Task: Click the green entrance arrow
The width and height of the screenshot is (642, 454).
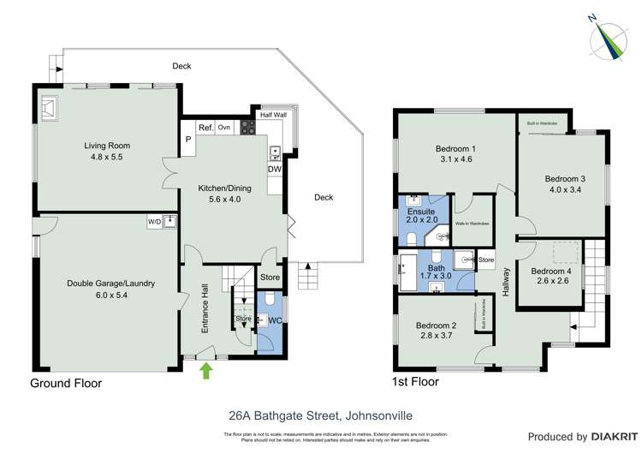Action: pos(205,370)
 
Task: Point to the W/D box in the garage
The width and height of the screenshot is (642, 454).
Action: pos(154,222)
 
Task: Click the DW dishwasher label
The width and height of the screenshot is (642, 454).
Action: pos(274,169)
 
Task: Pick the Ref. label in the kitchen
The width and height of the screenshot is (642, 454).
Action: pos(205,128)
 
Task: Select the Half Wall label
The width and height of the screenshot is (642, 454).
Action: pos(273,114)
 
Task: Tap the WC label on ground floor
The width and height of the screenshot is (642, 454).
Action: pos(275,321)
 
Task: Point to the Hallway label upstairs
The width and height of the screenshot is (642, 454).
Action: pos(507,283)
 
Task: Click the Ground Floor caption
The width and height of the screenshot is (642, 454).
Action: pos(66,384)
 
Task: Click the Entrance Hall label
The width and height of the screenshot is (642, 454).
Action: pos(205,317)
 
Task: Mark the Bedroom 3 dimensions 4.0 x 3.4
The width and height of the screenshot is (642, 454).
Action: pos(564,190)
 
